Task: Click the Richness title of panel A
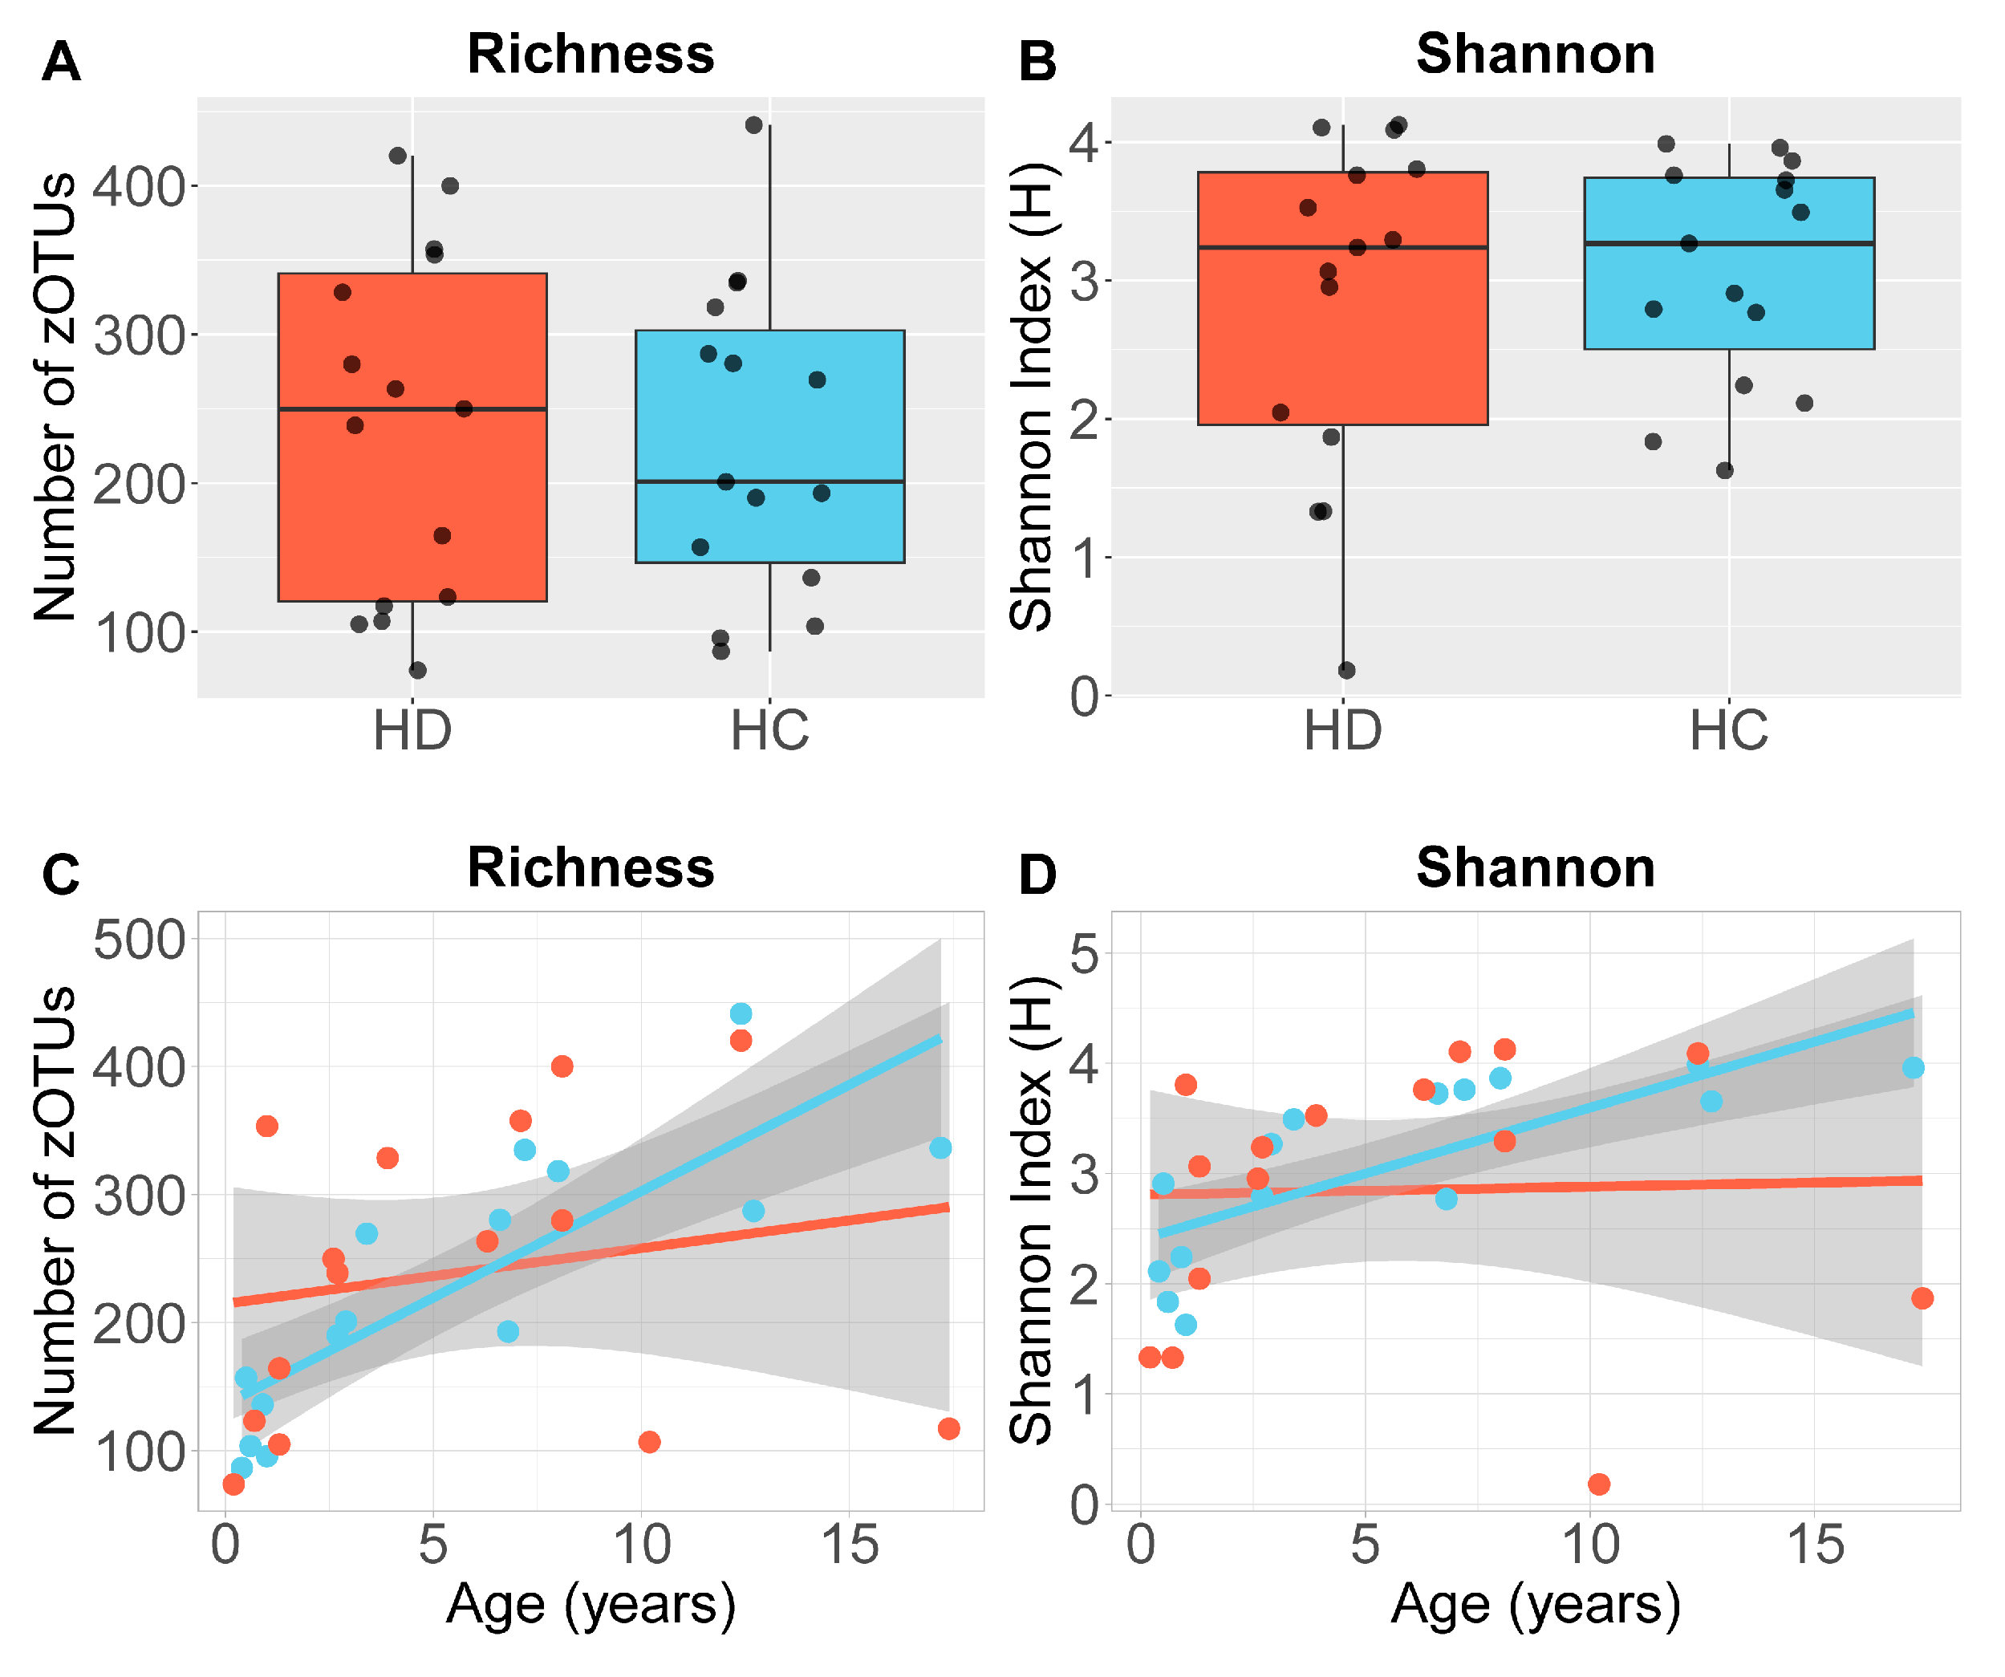click(x=590, y=54)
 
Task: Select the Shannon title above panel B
click(x=1536, y=54)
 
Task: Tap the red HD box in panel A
click(x=412, y=497)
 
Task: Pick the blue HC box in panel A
click(x=769, y=420)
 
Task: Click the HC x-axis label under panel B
click(x=1728, y=731)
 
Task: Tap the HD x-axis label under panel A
click(x=412, y=731)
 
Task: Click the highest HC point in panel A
click(x=753, y=125)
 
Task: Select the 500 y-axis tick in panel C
click(x=140, y=940)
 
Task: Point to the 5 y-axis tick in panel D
click(x=1085, y=953)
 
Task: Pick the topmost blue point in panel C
click(x=741, y=1013)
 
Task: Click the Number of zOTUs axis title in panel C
click(x=55, y=1211)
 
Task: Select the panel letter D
click(x=1038, y=875)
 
